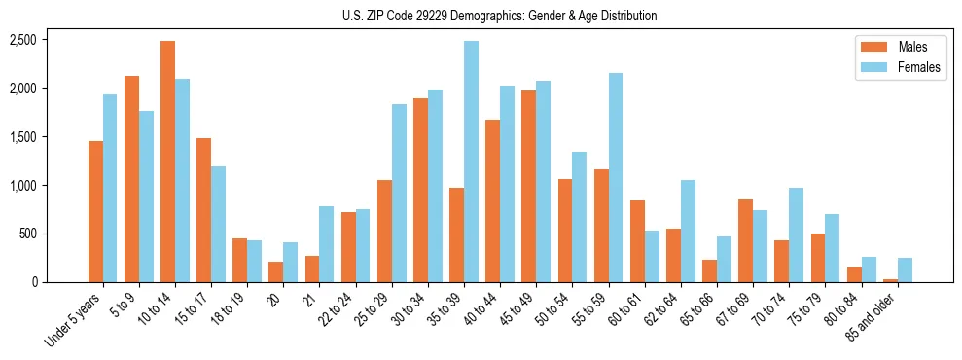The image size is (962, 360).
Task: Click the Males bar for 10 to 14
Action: (167, 162)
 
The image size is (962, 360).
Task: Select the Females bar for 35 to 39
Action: (471, 162)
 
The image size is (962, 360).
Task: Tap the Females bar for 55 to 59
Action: (616, 177)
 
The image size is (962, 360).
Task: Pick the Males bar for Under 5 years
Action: (95, 211)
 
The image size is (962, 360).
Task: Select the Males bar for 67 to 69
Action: (746, 240)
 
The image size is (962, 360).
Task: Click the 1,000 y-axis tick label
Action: (23, 186)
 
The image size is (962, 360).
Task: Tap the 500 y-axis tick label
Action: (29, 234)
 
